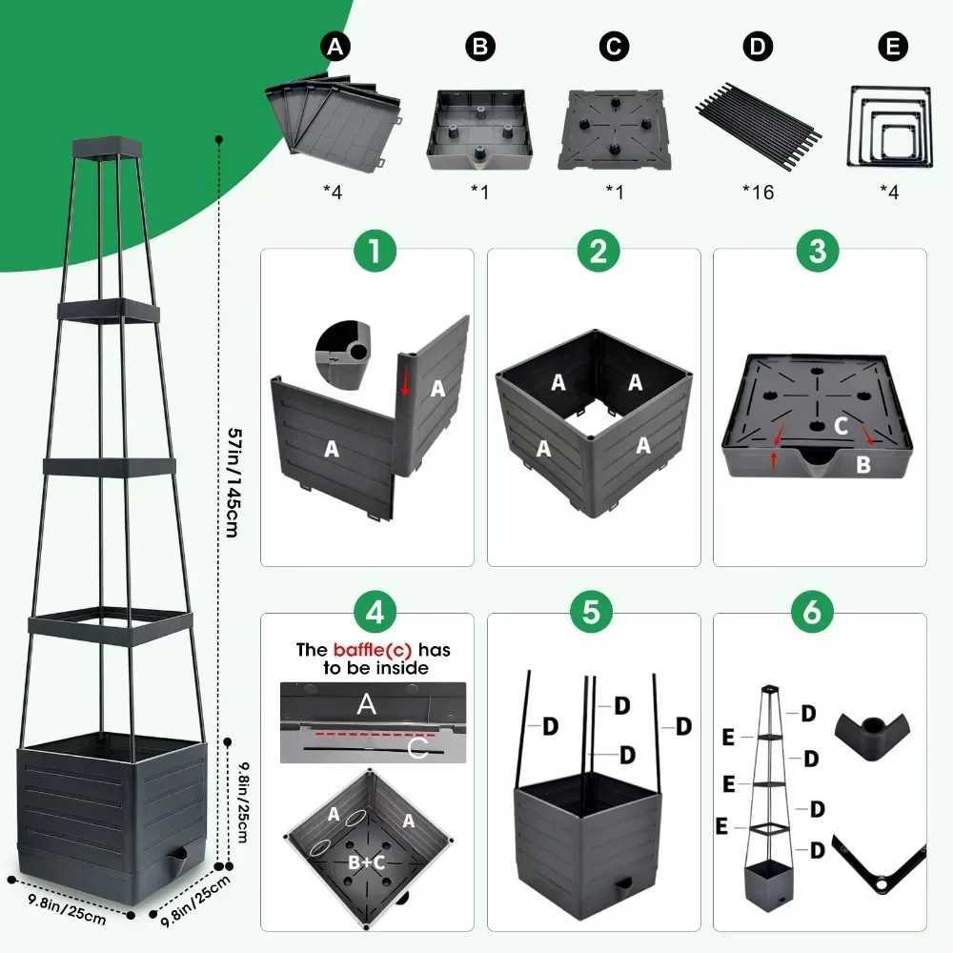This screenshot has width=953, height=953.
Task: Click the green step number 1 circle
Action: (367, 253)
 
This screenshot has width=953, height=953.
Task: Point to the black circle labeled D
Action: (758, 46)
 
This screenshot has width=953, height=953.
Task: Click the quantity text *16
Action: (758, 193)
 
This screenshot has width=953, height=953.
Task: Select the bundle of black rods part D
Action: (758, 118)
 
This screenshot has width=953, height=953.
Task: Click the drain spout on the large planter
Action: (175, 863)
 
